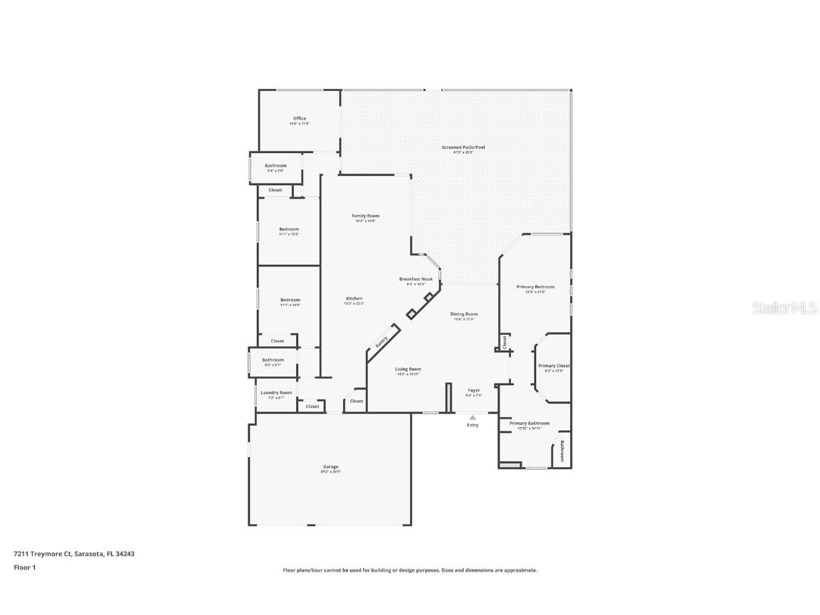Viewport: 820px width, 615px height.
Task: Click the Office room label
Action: [x=299, y=119]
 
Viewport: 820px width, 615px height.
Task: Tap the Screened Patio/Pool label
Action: [x=463, y=147]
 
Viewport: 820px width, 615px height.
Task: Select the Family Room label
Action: [x=365, y=216]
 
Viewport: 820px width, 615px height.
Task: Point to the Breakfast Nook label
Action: [x=416, y=279]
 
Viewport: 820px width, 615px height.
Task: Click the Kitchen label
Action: [x=354, y=298]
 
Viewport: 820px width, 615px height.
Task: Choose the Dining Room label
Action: [x=463, y=314]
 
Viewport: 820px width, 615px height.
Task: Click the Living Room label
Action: [x=408, y=369]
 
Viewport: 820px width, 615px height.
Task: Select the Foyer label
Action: [x=473, y=390]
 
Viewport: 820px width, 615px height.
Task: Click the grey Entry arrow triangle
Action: [x=473, y=417]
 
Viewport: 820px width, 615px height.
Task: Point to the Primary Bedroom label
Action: [x=535, y=287]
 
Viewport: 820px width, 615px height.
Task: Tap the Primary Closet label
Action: [x=554, y=366]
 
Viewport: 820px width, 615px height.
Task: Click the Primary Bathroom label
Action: [x=529, y=423]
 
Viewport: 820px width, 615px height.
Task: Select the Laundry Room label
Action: [x=275, y=392]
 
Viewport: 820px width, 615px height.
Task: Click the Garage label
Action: [x=330, y=467]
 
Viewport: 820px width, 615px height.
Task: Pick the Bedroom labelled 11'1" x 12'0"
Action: [x=289, y=229]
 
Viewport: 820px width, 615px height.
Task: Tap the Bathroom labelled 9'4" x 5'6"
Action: [x=275, y=166]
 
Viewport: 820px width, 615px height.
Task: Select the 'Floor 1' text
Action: [x=24, y=567]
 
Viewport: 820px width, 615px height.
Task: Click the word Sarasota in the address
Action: [x=88, y=553]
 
